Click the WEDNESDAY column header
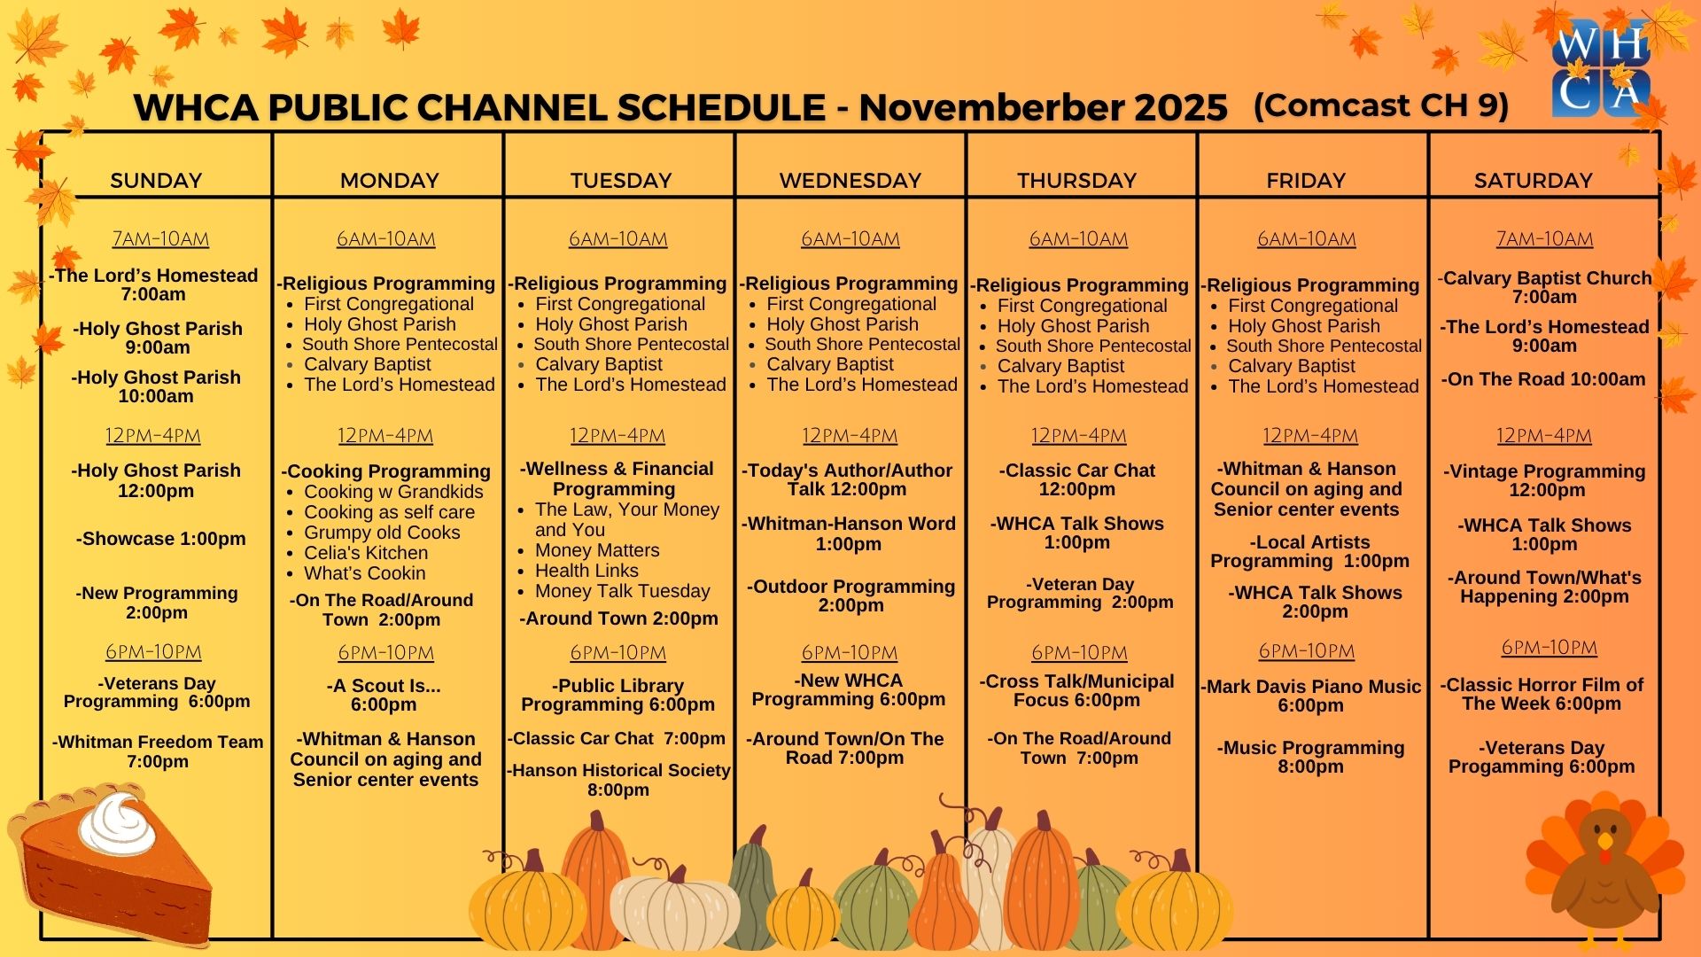click(x=850, y=181)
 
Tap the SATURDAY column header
click(x=1533, y=181)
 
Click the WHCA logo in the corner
click(x=1601, y=69)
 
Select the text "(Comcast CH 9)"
click(x=1380, y=105)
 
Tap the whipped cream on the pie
click(x=117, y=823)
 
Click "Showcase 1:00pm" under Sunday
click(x=160, y=539)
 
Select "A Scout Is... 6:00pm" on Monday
click(x=384, y=695)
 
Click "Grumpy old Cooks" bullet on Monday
click(x=382, y=533)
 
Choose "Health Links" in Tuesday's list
click(x=586, y=571)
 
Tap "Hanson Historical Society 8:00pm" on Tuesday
click(x=618, y=780)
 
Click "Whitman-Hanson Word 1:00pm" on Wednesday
click(x=849, y=533)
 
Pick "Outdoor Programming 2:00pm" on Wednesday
click(x=850, y=595)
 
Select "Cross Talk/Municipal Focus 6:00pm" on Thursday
click(x=1076, y=690)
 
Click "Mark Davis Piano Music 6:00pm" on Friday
click(x=1310, y=696)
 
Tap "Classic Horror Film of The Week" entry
click(x=1542, y=695)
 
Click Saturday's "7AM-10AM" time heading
click(x=1544, y=239)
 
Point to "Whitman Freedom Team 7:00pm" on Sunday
click(x=158, y=751)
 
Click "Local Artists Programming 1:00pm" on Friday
click(x=1309, y=551)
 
